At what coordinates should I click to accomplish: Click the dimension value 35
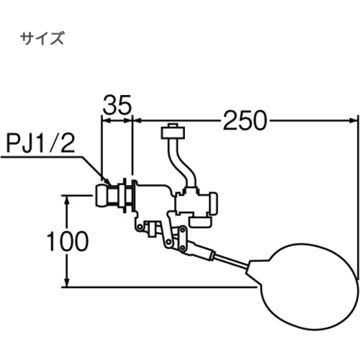(x=118, y=106)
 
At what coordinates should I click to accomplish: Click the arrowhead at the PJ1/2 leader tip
(x=108, y=181)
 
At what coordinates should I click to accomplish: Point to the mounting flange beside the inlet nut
(x=129, y=195)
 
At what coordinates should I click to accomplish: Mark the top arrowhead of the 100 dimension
(x=68, y=197)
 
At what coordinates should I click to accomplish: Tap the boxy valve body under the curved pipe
(x=196, y=205)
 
